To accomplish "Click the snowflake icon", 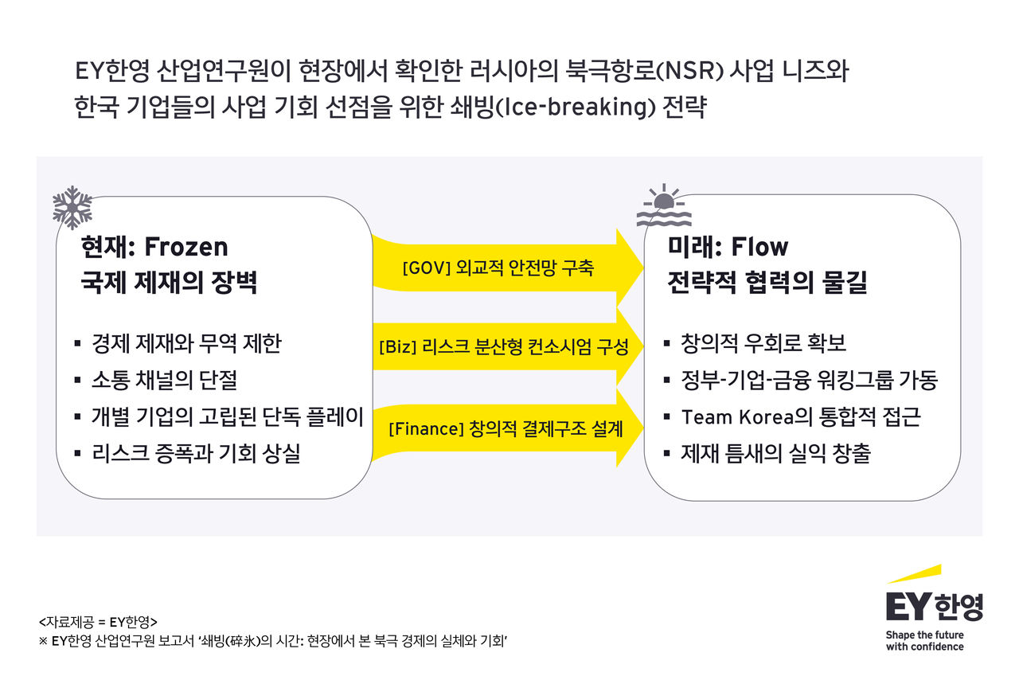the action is tap(72, 208).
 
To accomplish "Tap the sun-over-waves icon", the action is tap(664, 205).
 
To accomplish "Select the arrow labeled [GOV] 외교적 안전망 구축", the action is tap(508, 268).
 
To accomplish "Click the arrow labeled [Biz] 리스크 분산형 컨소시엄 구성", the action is tap(508, 347).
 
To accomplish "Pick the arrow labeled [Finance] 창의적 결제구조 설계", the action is tap(508, 428).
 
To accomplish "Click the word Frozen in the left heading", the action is tap(186, 247).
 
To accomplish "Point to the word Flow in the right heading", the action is tap(759, 247).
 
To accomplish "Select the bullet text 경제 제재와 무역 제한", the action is tap(186, 343).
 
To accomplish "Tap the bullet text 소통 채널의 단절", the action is tap(164, 380).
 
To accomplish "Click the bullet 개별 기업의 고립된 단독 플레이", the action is tap(228, 417).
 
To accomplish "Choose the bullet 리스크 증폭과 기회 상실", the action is tap(196, 453).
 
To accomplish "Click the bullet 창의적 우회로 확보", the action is tap(763, 343).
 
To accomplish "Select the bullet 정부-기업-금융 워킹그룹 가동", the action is tap(809, 380).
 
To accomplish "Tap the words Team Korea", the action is tap(737, 417).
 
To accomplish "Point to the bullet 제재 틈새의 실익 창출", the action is tap(775, 453).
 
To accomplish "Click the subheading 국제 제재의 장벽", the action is tap(169, 282).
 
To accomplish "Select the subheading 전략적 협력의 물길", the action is tap(767, 282).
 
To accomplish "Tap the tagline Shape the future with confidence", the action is tap(924, 641).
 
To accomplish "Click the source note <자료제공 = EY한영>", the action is tap(98, 622).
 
